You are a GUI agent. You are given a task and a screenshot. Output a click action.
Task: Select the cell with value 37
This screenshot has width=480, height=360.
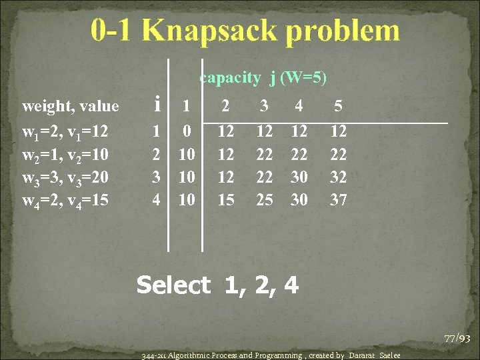pyautogui.click(x=339, y=199)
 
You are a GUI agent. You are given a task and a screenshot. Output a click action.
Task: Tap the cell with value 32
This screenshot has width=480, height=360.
pyautogui.click(x=339, y=177)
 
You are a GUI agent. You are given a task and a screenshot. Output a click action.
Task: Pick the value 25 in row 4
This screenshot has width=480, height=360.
pyautogui.click(x=265, y=199)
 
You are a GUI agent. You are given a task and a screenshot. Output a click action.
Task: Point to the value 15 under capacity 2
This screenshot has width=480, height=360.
pyautogui.click(x=227, y=199)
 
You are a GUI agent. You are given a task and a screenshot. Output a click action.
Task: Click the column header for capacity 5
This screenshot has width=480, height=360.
pyautogui.click(x=339, y=105)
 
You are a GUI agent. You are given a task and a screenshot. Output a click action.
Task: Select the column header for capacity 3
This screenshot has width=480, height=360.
pyautogui.click(x=265, y=105)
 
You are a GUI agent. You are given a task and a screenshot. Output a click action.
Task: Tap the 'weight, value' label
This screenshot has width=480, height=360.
pyautogui.click(x=71, y=106)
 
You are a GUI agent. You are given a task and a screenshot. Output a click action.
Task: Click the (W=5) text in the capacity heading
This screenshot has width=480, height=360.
pyautogui.click(x=303, y=78)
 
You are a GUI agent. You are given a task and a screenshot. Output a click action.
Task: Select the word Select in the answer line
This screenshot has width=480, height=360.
pyautogui.click(x=173, y=285)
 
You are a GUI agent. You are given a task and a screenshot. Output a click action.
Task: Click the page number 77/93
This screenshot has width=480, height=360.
pyautogui.click(x=457, y=339)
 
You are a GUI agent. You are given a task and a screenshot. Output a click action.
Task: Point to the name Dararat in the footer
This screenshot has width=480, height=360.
pyautogui.click(x=363, y=355)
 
